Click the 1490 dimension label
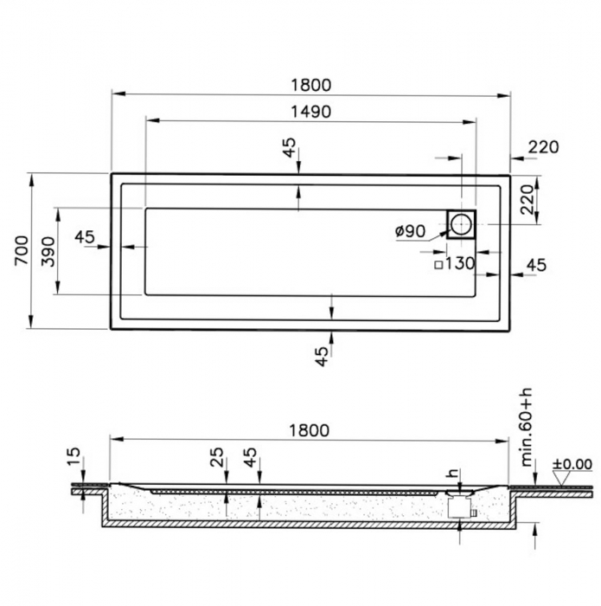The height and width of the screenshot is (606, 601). pyautogui.click(x=310, y=112)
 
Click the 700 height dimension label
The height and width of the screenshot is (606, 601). pyautogui.click(x=22, y=250)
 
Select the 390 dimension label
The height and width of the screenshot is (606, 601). pyautogui.click(x=48, y=252)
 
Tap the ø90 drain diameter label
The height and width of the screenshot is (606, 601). pyautogui.click(x=410, y=231)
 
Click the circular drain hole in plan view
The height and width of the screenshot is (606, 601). pyautogui.click(x=461, y=224)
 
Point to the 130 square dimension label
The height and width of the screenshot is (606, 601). pyautogui.click(x=460, y=264)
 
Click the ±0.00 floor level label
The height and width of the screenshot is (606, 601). pyautogui.click(x=572, y=464)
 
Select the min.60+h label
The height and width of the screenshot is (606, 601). pyautogui.click(x=527, y=427)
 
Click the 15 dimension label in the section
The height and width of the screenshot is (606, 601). pyautogui.click(x=74, y=457)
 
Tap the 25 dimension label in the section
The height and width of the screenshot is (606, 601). pyautogui.click(x=218, y=457)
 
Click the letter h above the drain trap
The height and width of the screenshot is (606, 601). pyautogui.click(x=453, y=473)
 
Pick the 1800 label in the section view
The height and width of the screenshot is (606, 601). pyautogui.click(x=310, y=430)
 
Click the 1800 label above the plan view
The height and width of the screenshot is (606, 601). pyautogui.click(x=310, y=85)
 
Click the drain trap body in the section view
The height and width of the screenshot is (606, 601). pyautogui.click(x=458, y=507)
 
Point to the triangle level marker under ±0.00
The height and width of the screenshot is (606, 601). pyautogui.click(x=563, y=478)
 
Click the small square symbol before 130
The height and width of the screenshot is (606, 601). pyautogui.click(x=438, y=265)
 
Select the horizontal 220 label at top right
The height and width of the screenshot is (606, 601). pyautogui.click(x=543, y=147)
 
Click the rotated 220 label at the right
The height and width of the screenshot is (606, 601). pyautogui.click(x=527, y=200)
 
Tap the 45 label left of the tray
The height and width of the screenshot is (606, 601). pyautogui.click(x=85, y=237)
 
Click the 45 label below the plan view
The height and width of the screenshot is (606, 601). pyautogui.click(x=322, y=356)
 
